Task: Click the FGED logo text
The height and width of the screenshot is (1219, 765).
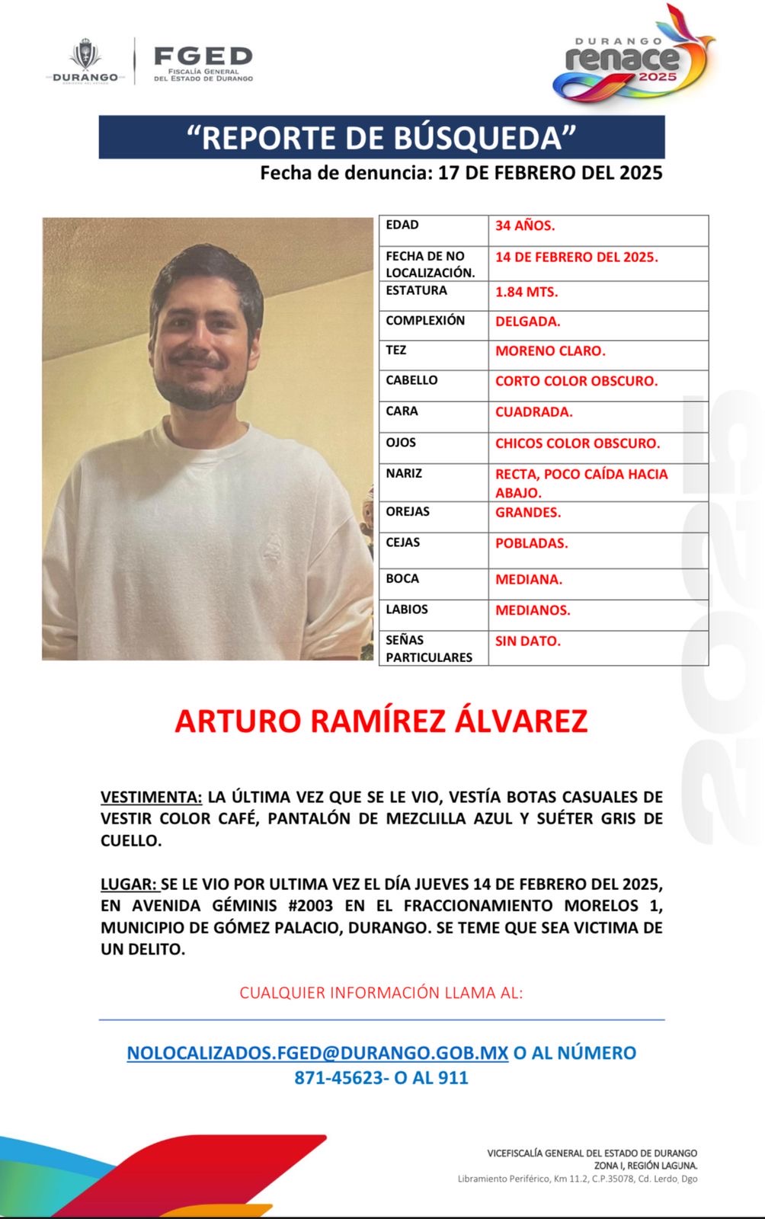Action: pos(203,56)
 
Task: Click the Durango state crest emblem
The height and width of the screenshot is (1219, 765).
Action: pos(85,58)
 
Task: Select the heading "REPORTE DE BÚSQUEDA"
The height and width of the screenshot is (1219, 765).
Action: pos(381,138)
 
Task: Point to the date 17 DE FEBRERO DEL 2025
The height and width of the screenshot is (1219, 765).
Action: pos(550,173)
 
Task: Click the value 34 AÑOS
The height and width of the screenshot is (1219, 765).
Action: pos(525,226)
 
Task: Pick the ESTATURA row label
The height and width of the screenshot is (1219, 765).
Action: pos(416,290)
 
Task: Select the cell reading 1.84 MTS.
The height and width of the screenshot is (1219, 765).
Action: pos(527,292)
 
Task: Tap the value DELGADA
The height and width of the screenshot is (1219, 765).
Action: pos(527,322)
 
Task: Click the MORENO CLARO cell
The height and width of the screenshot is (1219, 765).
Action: pos(550,351)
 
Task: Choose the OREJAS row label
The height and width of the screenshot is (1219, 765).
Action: pos(408,511)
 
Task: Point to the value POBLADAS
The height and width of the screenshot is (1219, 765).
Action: pos(531,543)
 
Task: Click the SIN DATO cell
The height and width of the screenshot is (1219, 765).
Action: pos(527,641)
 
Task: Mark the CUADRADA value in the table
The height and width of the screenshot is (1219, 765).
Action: pos(533,411)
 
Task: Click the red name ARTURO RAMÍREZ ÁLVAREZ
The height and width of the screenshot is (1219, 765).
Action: pos(381,721)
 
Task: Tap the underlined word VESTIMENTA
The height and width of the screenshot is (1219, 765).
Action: pos(151,797)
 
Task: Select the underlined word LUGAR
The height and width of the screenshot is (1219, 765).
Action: pos(128,885)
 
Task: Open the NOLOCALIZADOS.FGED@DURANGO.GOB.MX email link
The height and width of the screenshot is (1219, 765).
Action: pos(317,1053)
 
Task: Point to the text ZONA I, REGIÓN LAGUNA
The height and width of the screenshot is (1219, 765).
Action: pos(645,1166)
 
